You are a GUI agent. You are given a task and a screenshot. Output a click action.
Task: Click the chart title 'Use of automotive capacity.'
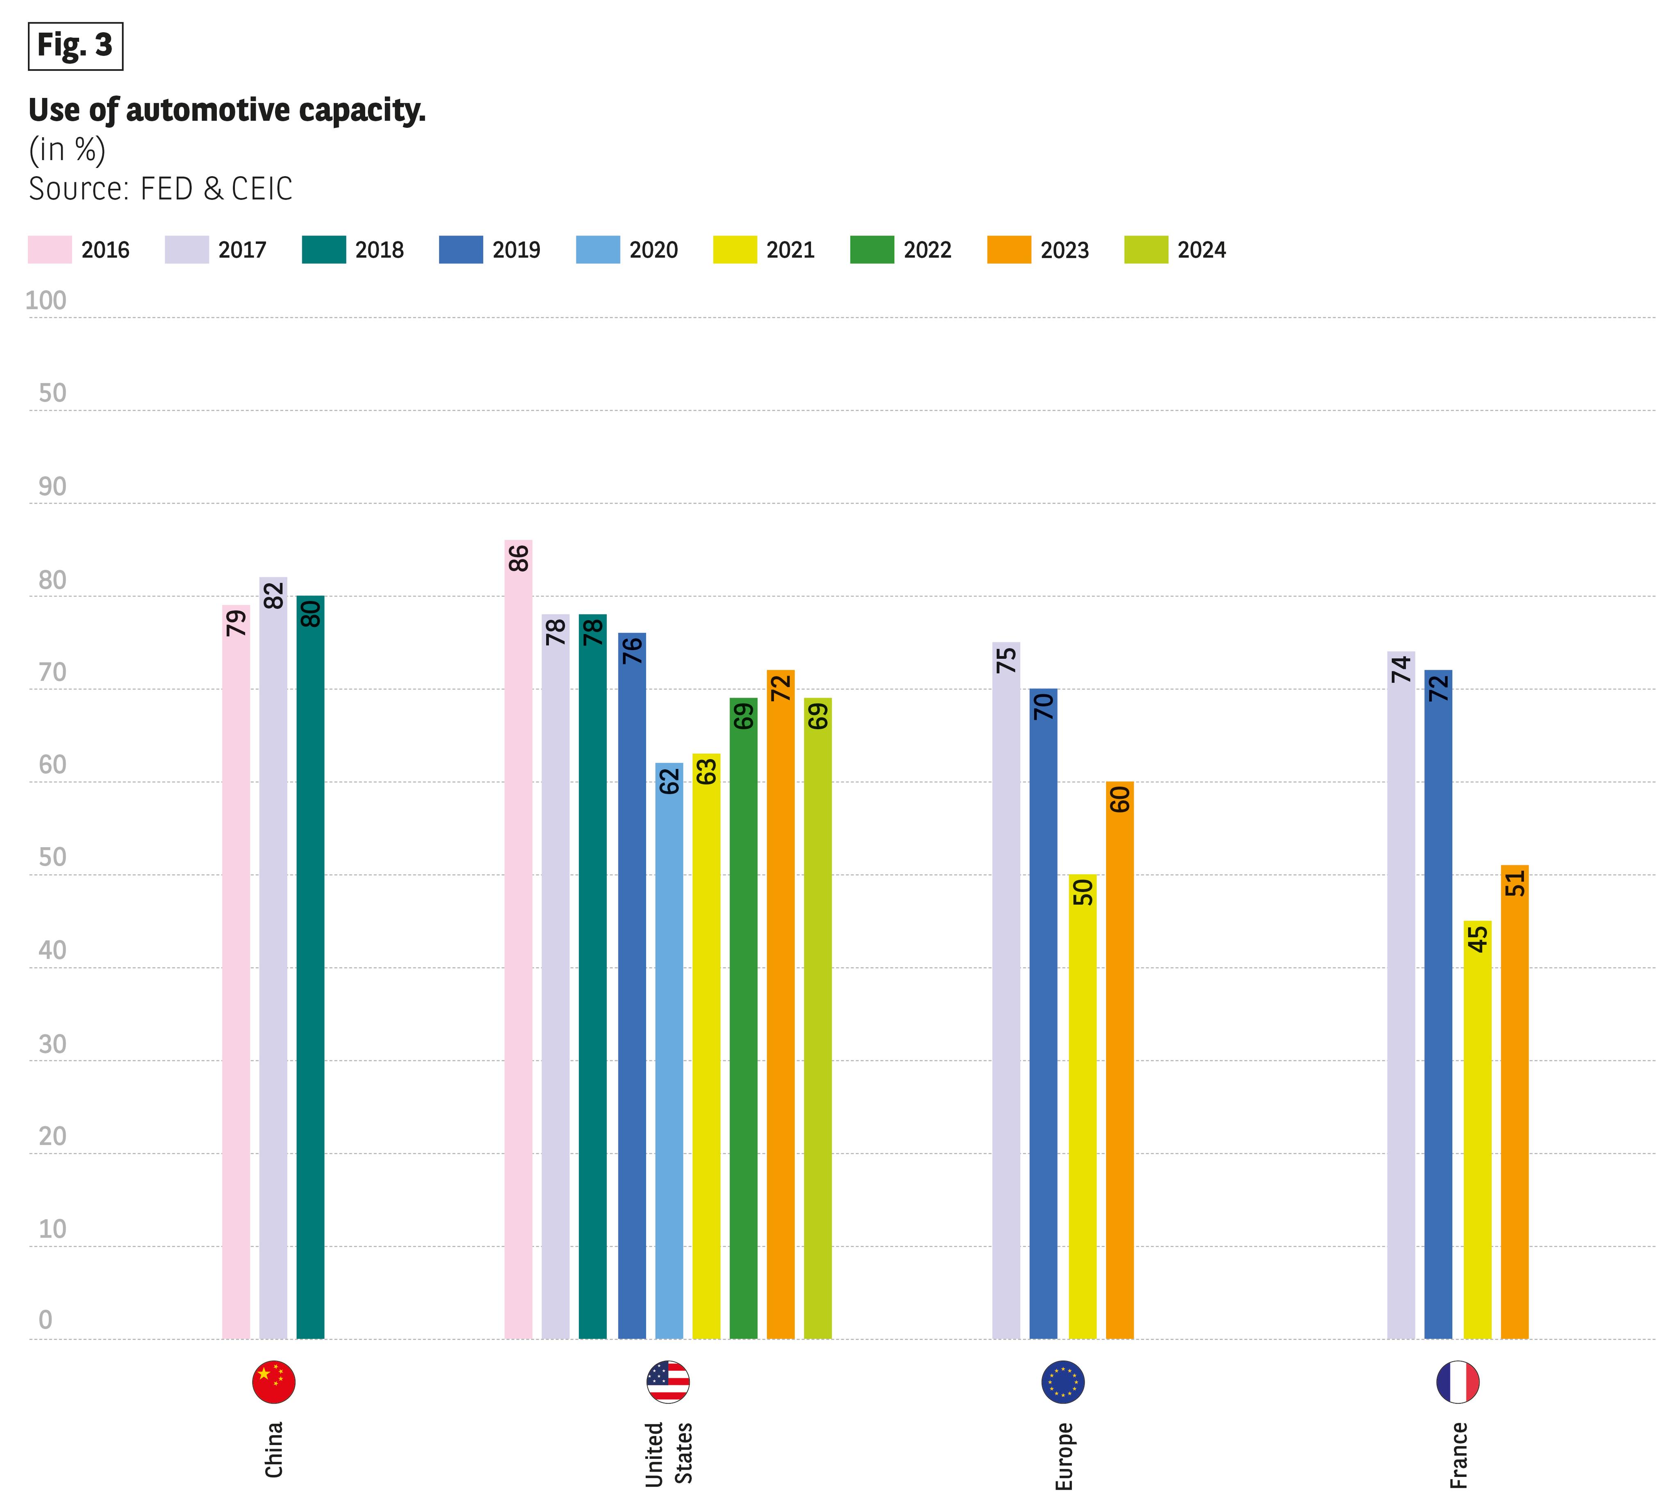click(227, 110)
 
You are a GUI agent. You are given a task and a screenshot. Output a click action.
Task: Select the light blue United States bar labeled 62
click(669, 1051)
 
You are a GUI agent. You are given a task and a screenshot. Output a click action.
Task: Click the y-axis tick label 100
click(46, 300)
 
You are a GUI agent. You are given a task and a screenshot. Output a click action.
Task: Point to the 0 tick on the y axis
click(46, 1320)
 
